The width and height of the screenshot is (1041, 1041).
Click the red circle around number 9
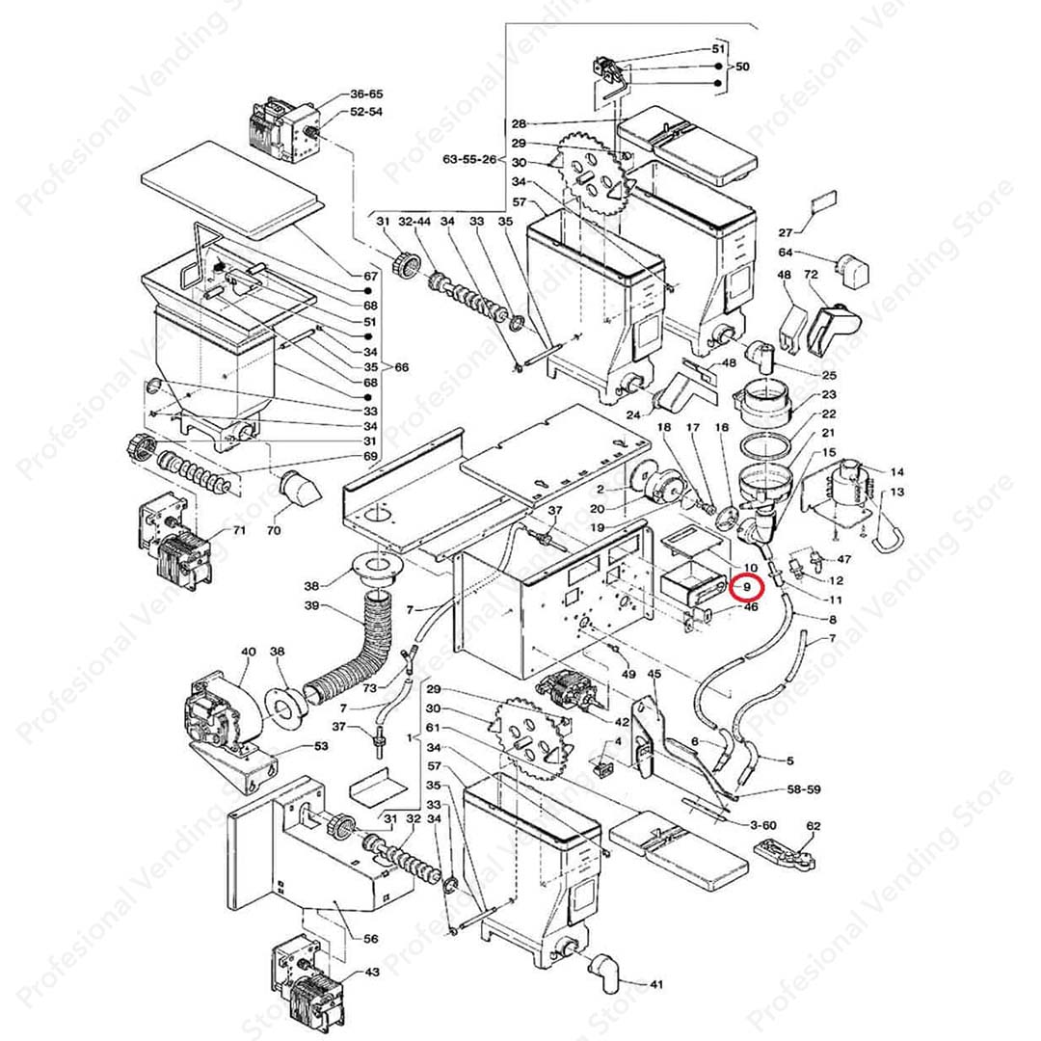point(745,585)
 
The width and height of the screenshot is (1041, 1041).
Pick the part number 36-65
point(366,94)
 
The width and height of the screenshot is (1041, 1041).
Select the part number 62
point(813,826)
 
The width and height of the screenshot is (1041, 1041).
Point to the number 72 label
point(812,276)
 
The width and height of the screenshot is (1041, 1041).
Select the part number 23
point(829,394)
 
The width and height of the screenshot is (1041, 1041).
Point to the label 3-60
point(761,825)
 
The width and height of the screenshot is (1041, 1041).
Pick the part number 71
point(239,531)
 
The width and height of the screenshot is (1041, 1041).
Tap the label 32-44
point(414,223)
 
